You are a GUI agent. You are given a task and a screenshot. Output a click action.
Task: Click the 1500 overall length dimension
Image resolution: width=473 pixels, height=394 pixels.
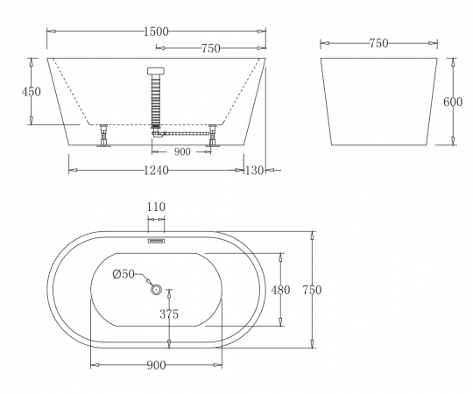pos(156,32)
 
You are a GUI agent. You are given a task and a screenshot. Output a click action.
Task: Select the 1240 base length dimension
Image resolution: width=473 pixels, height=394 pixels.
pos(156,171)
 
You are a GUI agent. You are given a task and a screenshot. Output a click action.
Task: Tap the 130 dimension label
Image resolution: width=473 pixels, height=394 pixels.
pos(254,171)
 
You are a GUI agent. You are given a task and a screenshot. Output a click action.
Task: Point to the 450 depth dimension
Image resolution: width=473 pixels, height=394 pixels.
pos(31,92)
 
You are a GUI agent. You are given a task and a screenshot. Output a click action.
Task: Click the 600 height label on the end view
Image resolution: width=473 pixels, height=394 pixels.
pos(453,102)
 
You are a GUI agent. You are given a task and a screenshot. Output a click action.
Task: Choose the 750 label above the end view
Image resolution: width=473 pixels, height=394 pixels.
pos(379,44)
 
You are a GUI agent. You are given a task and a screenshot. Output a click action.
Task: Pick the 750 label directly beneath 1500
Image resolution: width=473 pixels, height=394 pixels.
pos(211,48)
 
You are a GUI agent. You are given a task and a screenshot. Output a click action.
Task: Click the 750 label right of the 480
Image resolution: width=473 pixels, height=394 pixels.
pos(312,290)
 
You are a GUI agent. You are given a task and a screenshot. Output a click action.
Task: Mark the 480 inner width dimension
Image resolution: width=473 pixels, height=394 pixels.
pos(280,290)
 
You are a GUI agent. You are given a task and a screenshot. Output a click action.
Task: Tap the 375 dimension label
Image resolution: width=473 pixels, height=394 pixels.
pos(169,314)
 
